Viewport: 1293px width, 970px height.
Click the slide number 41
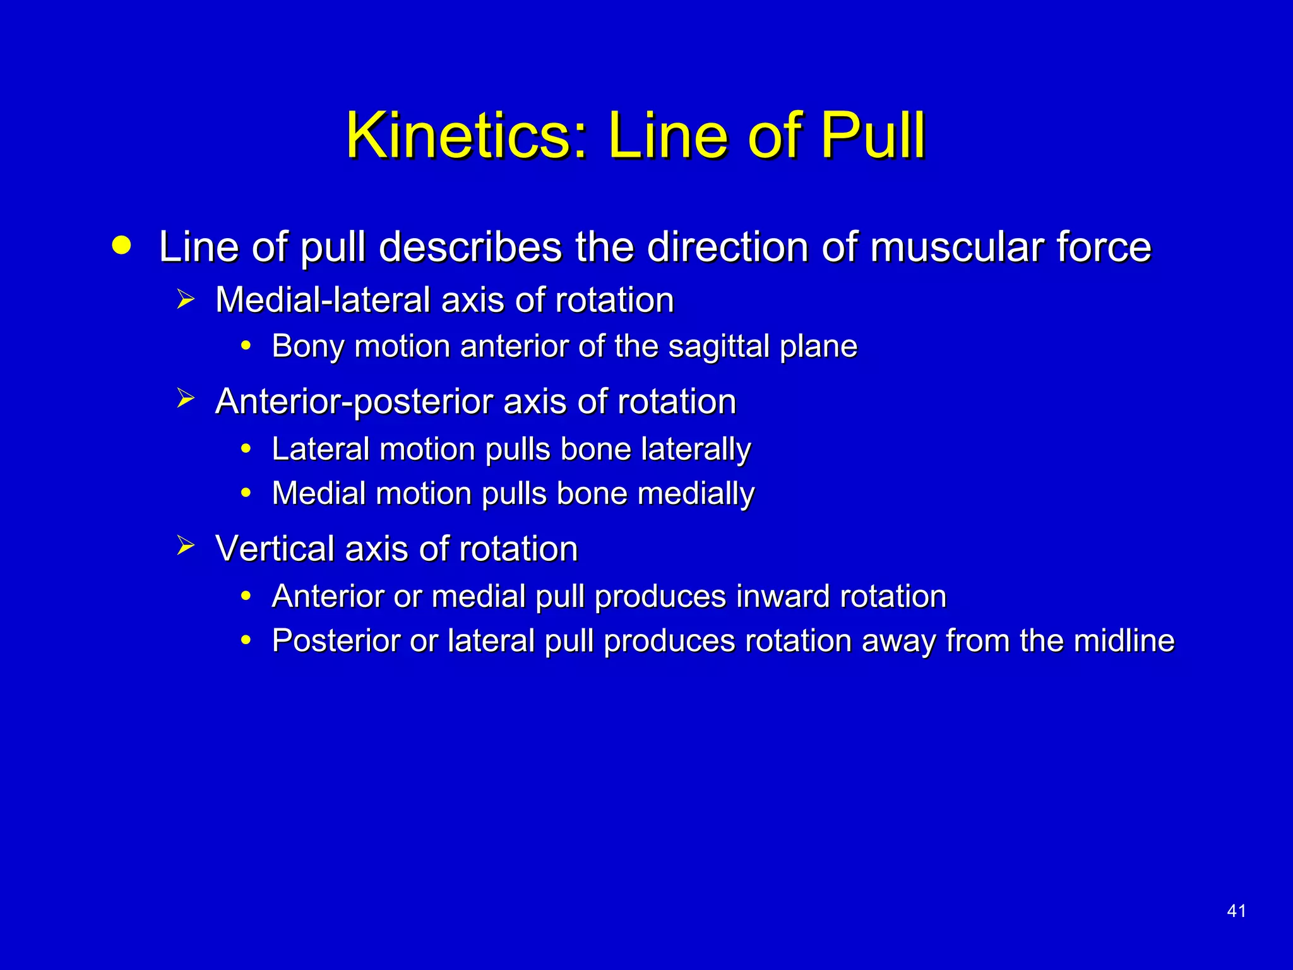(1236, 911)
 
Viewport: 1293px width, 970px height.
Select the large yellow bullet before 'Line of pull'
(121, 245)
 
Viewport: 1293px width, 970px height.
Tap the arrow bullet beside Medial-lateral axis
(186, 299)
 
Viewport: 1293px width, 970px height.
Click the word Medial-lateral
(323, 299)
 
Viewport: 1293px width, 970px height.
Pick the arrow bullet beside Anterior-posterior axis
(186, 399)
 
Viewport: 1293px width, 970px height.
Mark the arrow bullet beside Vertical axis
(186, 546)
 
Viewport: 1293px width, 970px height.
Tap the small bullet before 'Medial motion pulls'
(246, 493)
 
